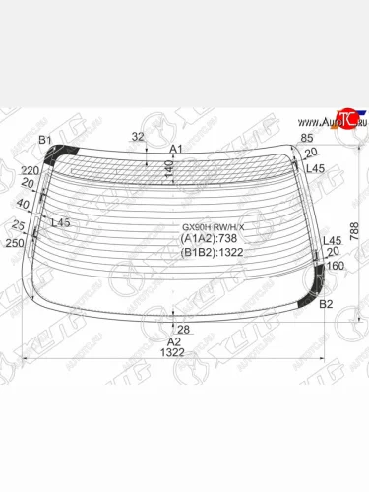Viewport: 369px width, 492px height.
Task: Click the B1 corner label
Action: [44, 141]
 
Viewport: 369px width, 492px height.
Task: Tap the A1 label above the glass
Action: [176, 149]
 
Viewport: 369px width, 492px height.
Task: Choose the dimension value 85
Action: [307, 137]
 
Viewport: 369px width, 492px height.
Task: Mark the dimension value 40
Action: [22, 204]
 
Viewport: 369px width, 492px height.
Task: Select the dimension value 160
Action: [336, 265]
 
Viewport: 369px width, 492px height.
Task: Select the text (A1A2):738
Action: [209, 238]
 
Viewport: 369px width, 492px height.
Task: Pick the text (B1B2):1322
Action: [213, 251]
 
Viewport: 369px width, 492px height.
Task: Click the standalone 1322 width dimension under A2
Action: [173, 351]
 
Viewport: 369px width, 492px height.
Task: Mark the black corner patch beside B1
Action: [67, 152]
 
